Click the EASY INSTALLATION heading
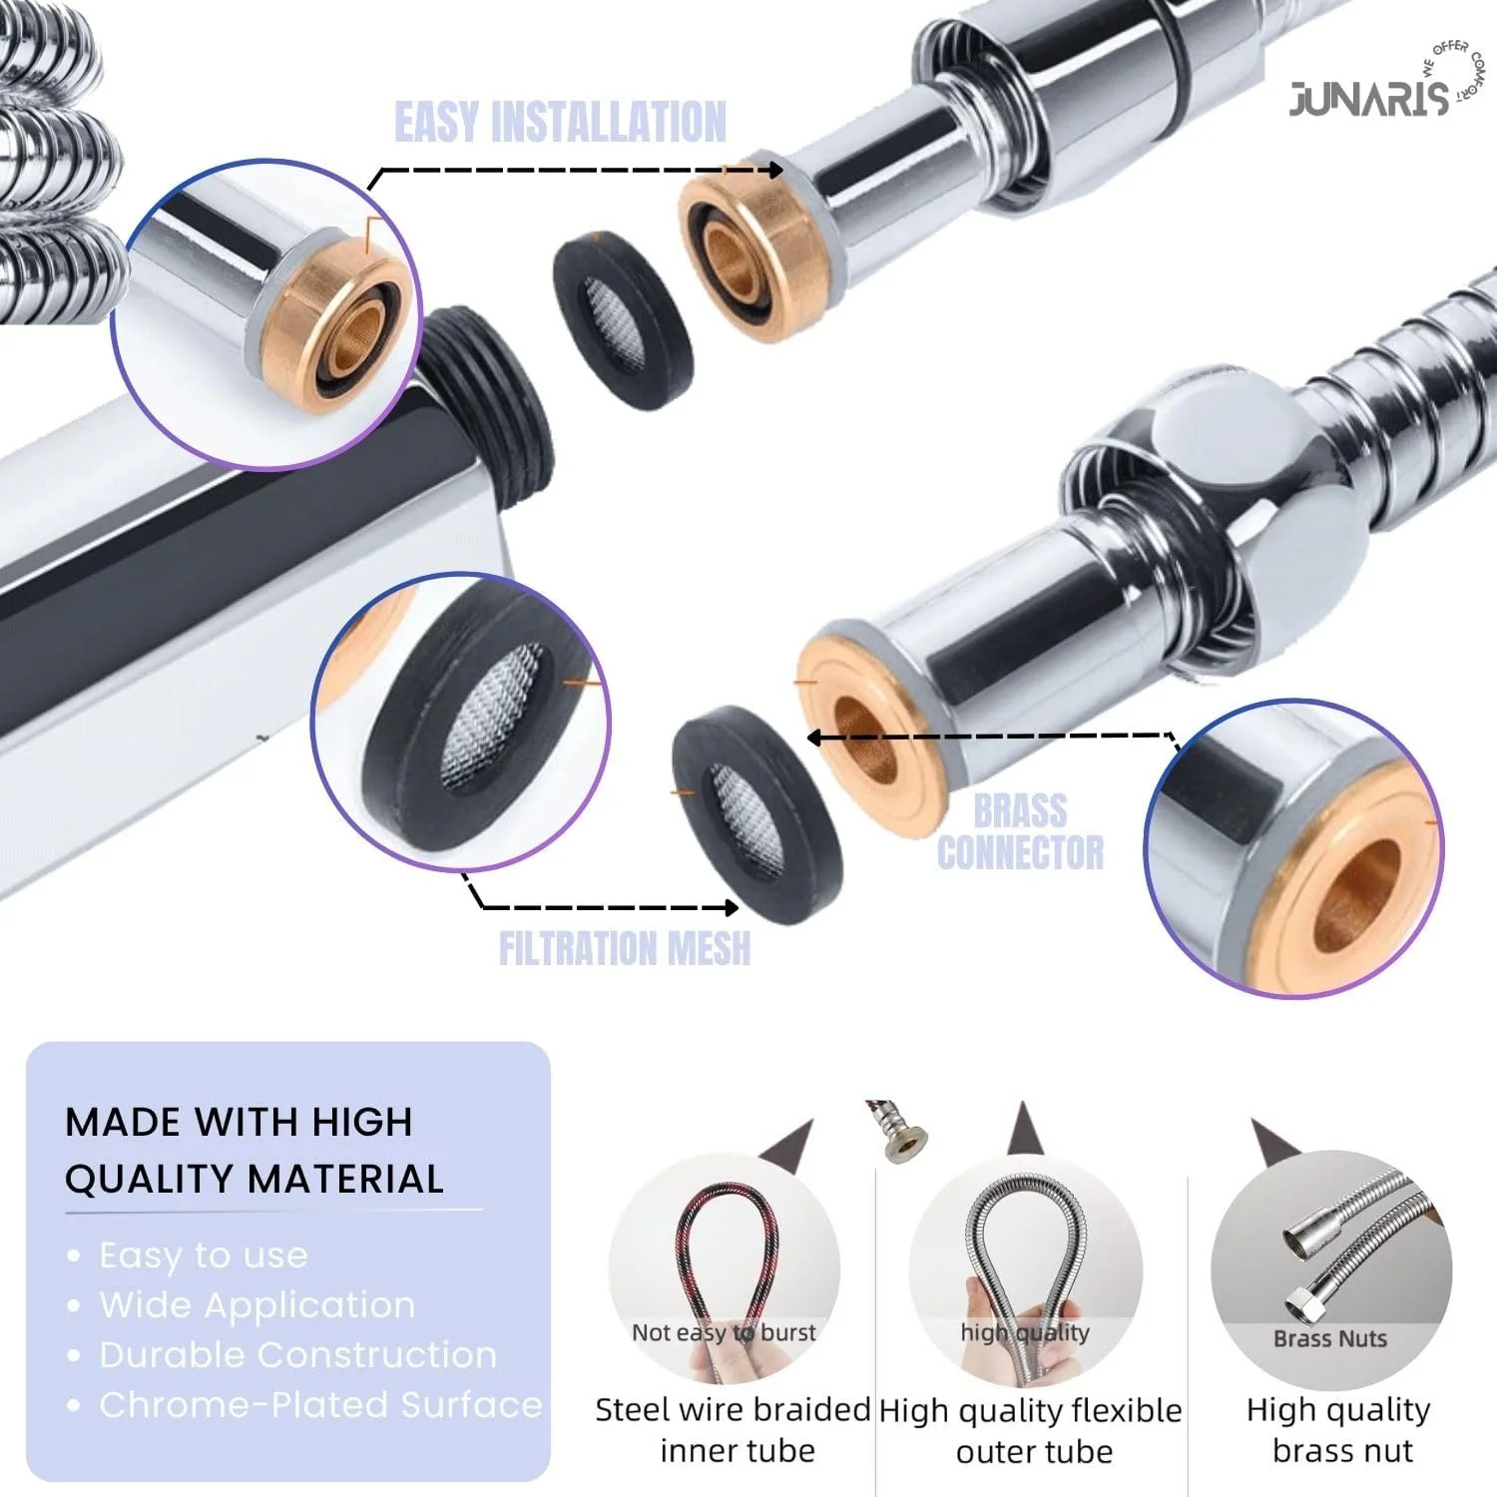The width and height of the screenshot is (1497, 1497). coord(561,123)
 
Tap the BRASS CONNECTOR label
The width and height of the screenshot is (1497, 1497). coord(1020,832)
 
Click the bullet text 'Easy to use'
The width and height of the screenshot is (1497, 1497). coord(204,1254)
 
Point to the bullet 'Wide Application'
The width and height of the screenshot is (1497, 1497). coord(257,1305)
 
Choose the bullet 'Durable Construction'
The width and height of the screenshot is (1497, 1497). coord(298,1355)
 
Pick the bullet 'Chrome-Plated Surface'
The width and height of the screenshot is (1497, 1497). coord(320,1405)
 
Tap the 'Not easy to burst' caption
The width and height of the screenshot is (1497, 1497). coord(724,1332)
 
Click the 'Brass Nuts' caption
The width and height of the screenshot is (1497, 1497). coord(1330,1338)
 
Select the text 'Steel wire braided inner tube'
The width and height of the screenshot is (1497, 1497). coord(735,1430)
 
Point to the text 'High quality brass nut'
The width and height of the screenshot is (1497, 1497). coord(1339,1430)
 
